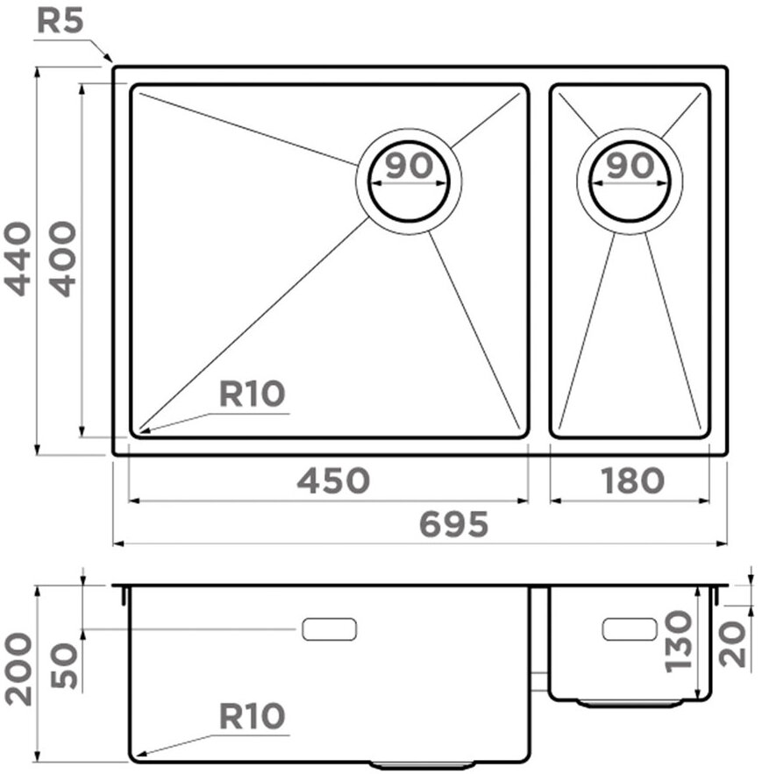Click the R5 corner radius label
point(61,21)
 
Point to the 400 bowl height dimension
point(61,259)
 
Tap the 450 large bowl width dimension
point(333,480)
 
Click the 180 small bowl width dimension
point(632,480)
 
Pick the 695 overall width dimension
point(452,524)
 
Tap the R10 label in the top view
point(252,394)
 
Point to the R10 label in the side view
point(252,717)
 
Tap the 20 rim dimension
point(735,643)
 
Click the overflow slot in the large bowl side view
point(329,628)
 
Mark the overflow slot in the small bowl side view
point(630,628)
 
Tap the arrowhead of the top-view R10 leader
point(140,430)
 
